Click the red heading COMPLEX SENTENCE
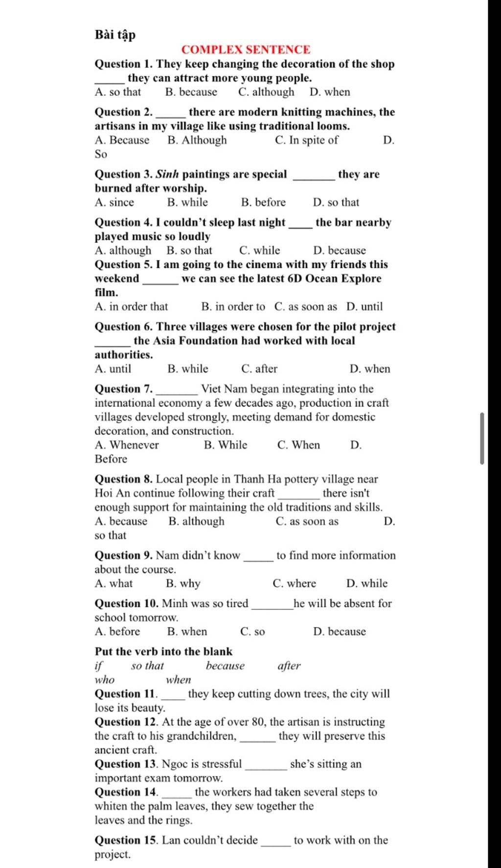246,49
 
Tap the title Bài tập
115,35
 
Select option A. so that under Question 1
118,92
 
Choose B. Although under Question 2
197,140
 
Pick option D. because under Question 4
340,251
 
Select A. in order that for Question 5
131,307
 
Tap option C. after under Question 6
259,369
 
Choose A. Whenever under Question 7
127,445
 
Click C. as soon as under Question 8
307,521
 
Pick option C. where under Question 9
294,583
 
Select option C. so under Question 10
252,632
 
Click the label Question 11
125,694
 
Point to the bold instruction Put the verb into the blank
163,652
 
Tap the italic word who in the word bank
104,680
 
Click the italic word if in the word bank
99,666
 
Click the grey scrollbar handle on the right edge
482,438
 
